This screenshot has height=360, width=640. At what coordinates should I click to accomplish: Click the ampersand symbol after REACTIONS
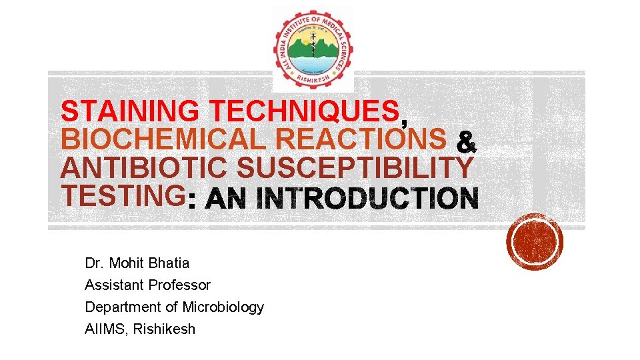pos(466,141)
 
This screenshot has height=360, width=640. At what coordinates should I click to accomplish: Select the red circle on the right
pos(535,241)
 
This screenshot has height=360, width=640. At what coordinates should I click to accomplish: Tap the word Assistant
pos(114,285)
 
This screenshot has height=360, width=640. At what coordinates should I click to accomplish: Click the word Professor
pos(180,285)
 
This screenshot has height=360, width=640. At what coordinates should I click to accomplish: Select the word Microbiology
pos(223,307)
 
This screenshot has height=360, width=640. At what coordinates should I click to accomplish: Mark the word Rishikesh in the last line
pos(165,329)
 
